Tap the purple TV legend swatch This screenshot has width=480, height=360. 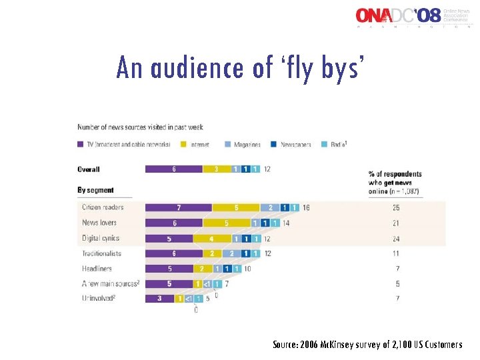[81, 144]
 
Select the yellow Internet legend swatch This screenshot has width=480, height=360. [185, 144]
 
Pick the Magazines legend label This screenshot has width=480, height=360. [247, 144]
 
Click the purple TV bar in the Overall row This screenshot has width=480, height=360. [173, 169]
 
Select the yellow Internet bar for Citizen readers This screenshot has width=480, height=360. [236, 207]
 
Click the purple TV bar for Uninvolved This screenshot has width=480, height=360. [159, 299]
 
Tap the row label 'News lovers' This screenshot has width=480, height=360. [99, 223]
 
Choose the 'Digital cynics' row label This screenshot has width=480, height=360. [101, 238]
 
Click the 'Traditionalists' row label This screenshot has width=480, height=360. [102, 253]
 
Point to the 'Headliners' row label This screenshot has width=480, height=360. [98, 269]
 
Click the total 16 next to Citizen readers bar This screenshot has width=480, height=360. [306, 207]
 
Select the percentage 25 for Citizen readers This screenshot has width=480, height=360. [397, 207]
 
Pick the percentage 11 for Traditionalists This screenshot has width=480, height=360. [397, 253]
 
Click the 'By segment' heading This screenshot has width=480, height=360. [95, 190]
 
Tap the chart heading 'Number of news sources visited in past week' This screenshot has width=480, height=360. [140, 127]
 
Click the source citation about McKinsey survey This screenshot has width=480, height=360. [367, 345]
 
